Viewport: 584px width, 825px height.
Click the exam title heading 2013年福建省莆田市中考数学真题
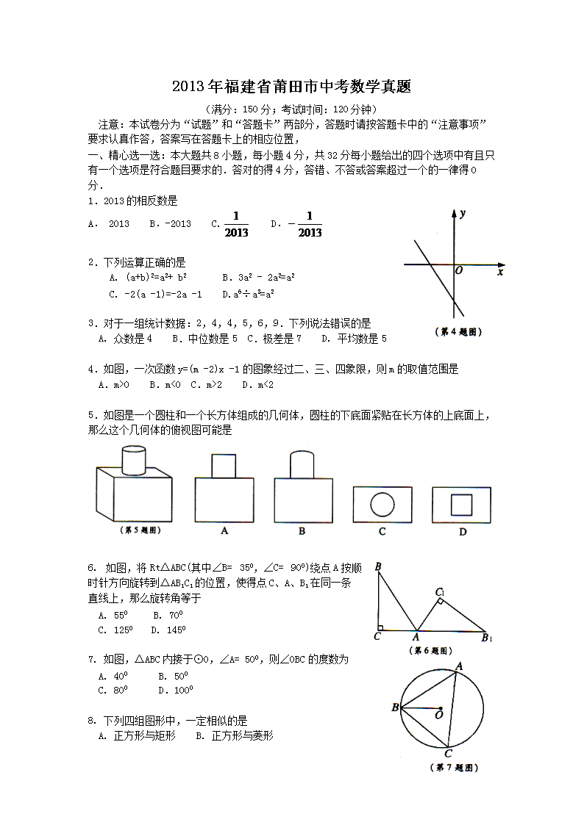click(x=291, y=87)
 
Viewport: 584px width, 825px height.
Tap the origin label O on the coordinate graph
click(x=459, y=270)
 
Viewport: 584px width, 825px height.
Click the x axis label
click(x=500, y=273)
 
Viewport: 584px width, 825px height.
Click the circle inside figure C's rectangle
click(x=382, y=505)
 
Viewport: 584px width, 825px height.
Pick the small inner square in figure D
click(x=461, y=505)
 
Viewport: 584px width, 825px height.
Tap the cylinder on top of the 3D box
click(x=133, y=460)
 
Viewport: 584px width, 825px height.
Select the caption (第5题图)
click(x=139, y=530)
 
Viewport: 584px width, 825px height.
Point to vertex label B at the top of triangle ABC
click(x=377, y=566)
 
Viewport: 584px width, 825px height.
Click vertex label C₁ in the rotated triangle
click(x=440, y=592)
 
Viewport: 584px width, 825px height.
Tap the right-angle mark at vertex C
click(x=380, y=627)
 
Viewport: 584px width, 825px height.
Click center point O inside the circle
click(x=438, y=709)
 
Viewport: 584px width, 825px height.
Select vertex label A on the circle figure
click(x=459, y=666)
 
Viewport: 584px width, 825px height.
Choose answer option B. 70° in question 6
click(x=168, y=615)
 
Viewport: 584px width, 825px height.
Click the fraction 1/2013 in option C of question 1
click(x=236, y=224)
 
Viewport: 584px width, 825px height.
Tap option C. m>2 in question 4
click(x=196, y=384)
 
